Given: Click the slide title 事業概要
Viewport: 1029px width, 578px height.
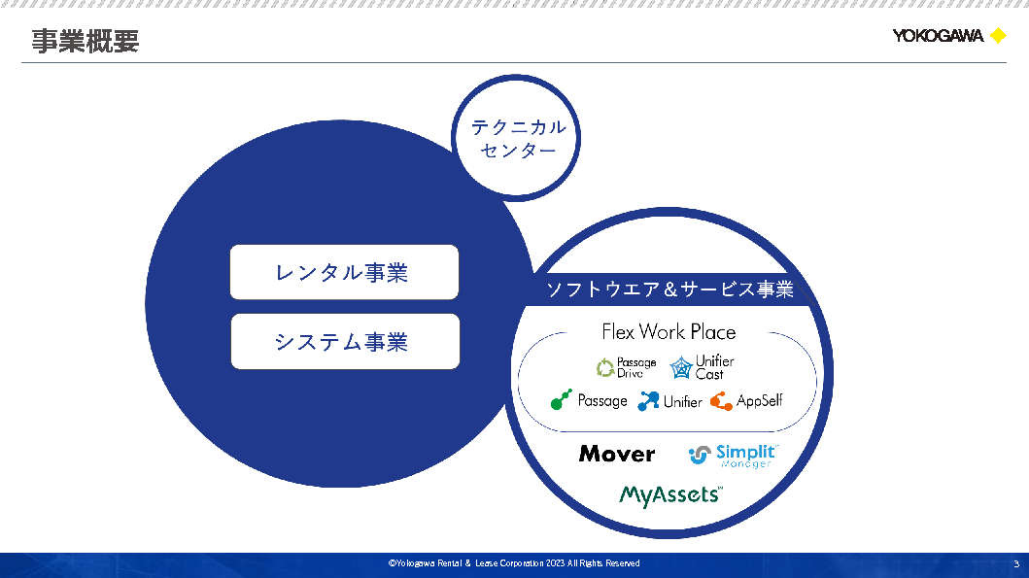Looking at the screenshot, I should [85, 41].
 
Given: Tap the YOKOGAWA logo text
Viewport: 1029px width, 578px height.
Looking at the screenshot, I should [938, 37].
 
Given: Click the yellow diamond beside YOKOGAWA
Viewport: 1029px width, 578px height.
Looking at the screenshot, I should [997, 37].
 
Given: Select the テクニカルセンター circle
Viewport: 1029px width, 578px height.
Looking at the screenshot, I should [518, 139].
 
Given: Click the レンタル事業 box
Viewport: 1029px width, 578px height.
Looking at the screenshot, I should [344, 272].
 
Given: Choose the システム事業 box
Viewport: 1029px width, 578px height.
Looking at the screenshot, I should [344, 341].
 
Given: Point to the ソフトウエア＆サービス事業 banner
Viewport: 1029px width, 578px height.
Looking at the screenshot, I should [669, 289].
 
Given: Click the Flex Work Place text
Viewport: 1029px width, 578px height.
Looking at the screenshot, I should [669, 332].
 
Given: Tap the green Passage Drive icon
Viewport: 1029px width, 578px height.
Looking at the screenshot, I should [605, 367].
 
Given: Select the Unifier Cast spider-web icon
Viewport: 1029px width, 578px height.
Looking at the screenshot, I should [681, 367].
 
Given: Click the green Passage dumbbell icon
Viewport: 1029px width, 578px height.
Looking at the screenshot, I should [562, 400].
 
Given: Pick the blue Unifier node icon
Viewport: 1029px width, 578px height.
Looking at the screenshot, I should [648, 400].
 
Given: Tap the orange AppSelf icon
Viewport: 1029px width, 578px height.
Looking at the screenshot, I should [721, 400].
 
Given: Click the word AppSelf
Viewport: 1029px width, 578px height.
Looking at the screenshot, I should [759, 400].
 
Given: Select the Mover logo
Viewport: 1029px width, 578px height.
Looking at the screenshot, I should [617, 454].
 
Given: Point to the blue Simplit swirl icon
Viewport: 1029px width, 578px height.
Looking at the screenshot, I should [700, 455].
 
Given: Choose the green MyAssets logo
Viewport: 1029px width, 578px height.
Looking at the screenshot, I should [670, 495].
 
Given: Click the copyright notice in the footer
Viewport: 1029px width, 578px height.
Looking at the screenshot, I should [514, 563].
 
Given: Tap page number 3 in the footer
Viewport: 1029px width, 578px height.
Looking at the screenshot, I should [1016, 564].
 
